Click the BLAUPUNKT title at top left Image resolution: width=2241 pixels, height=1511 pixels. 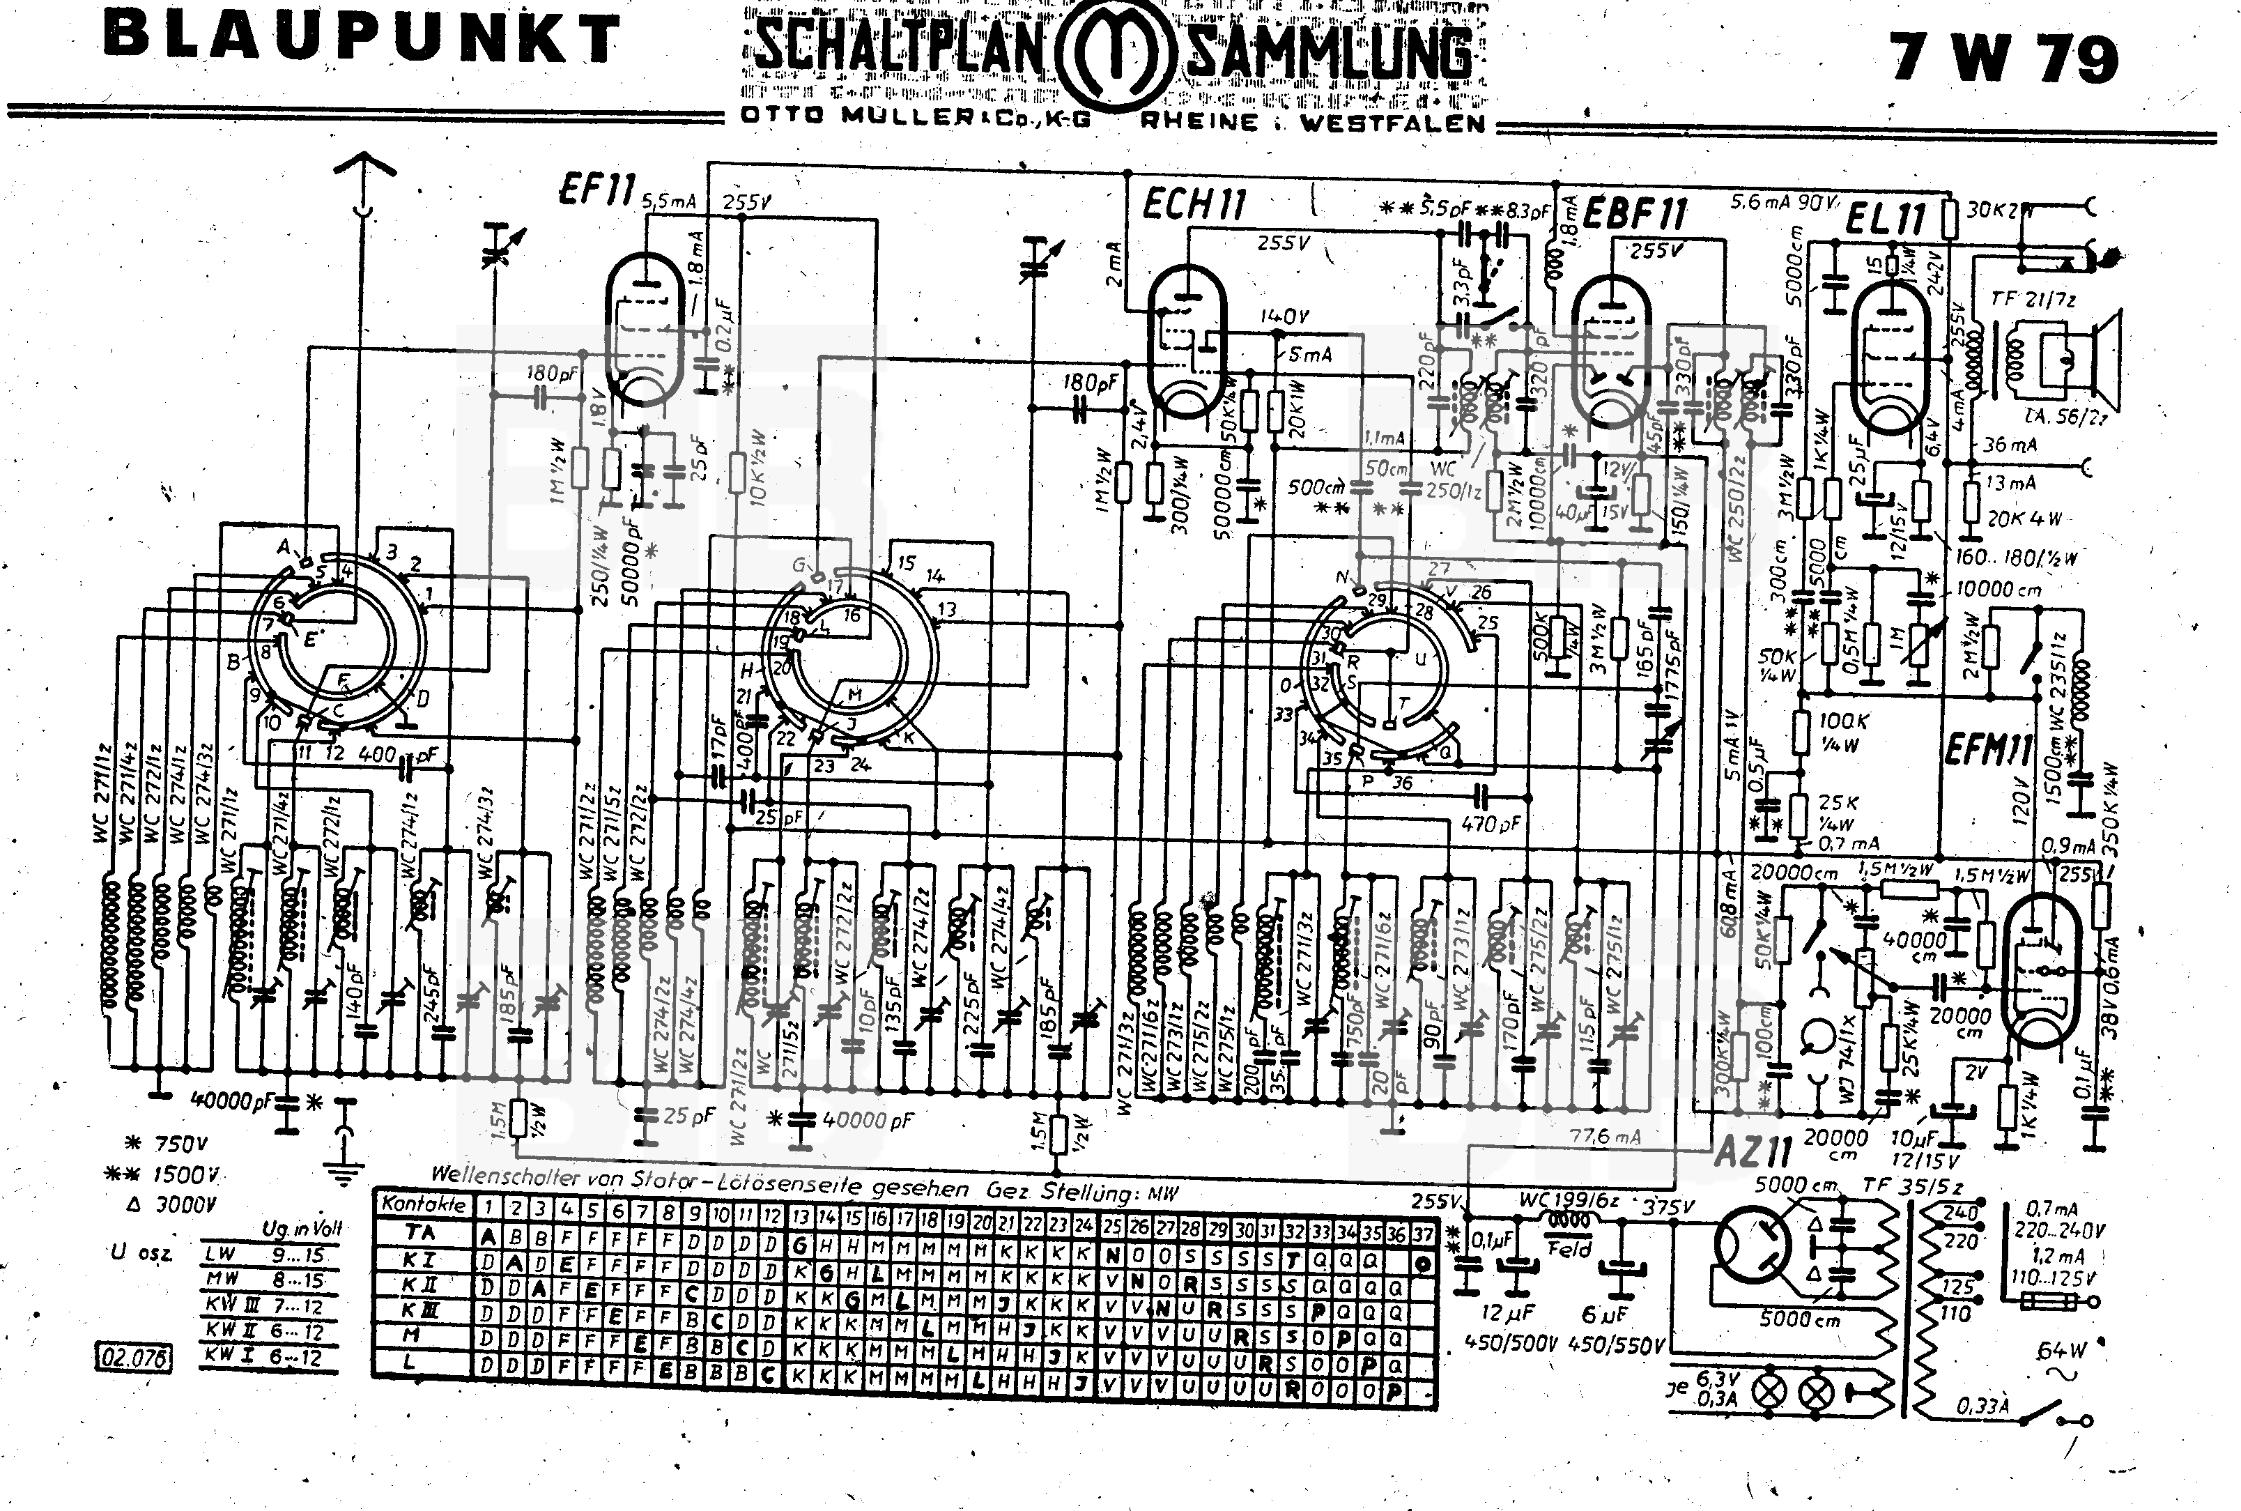point(361,38)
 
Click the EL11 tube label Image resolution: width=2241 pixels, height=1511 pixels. point(1886,220)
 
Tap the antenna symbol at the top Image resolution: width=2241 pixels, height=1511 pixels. point(364,174)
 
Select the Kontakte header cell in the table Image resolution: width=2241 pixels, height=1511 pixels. point(423,1204)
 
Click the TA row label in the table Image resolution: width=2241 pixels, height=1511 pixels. point(420,1232)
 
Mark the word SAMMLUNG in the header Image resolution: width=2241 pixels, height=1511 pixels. point(1330,53)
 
